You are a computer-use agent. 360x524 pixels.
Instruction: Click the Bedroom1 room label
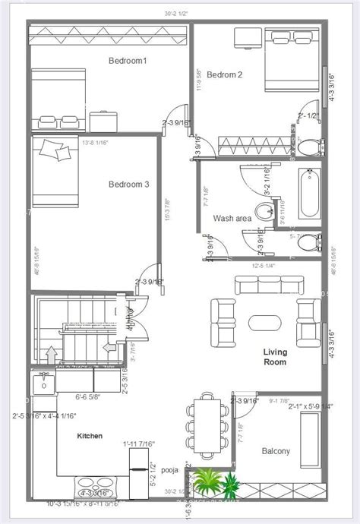click(x=128, y=61)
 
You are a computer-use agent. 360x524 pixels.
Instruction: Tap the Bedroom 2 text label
click(x=225, y=74)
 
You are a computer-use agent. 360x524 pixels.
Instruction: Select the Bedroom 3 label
click(x=128, y=184)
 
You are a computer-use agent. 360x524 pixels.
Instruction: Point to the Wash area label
click(x=232, y=219)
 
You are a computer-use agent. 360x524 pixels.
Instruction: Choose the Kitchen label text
click(x=90, y=437)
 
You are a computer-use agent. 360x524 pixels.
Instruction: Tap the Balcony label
click(x=276, y=451)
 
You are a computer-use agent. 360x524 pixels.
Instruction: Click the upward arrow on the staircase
click(x=52, y=355)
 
